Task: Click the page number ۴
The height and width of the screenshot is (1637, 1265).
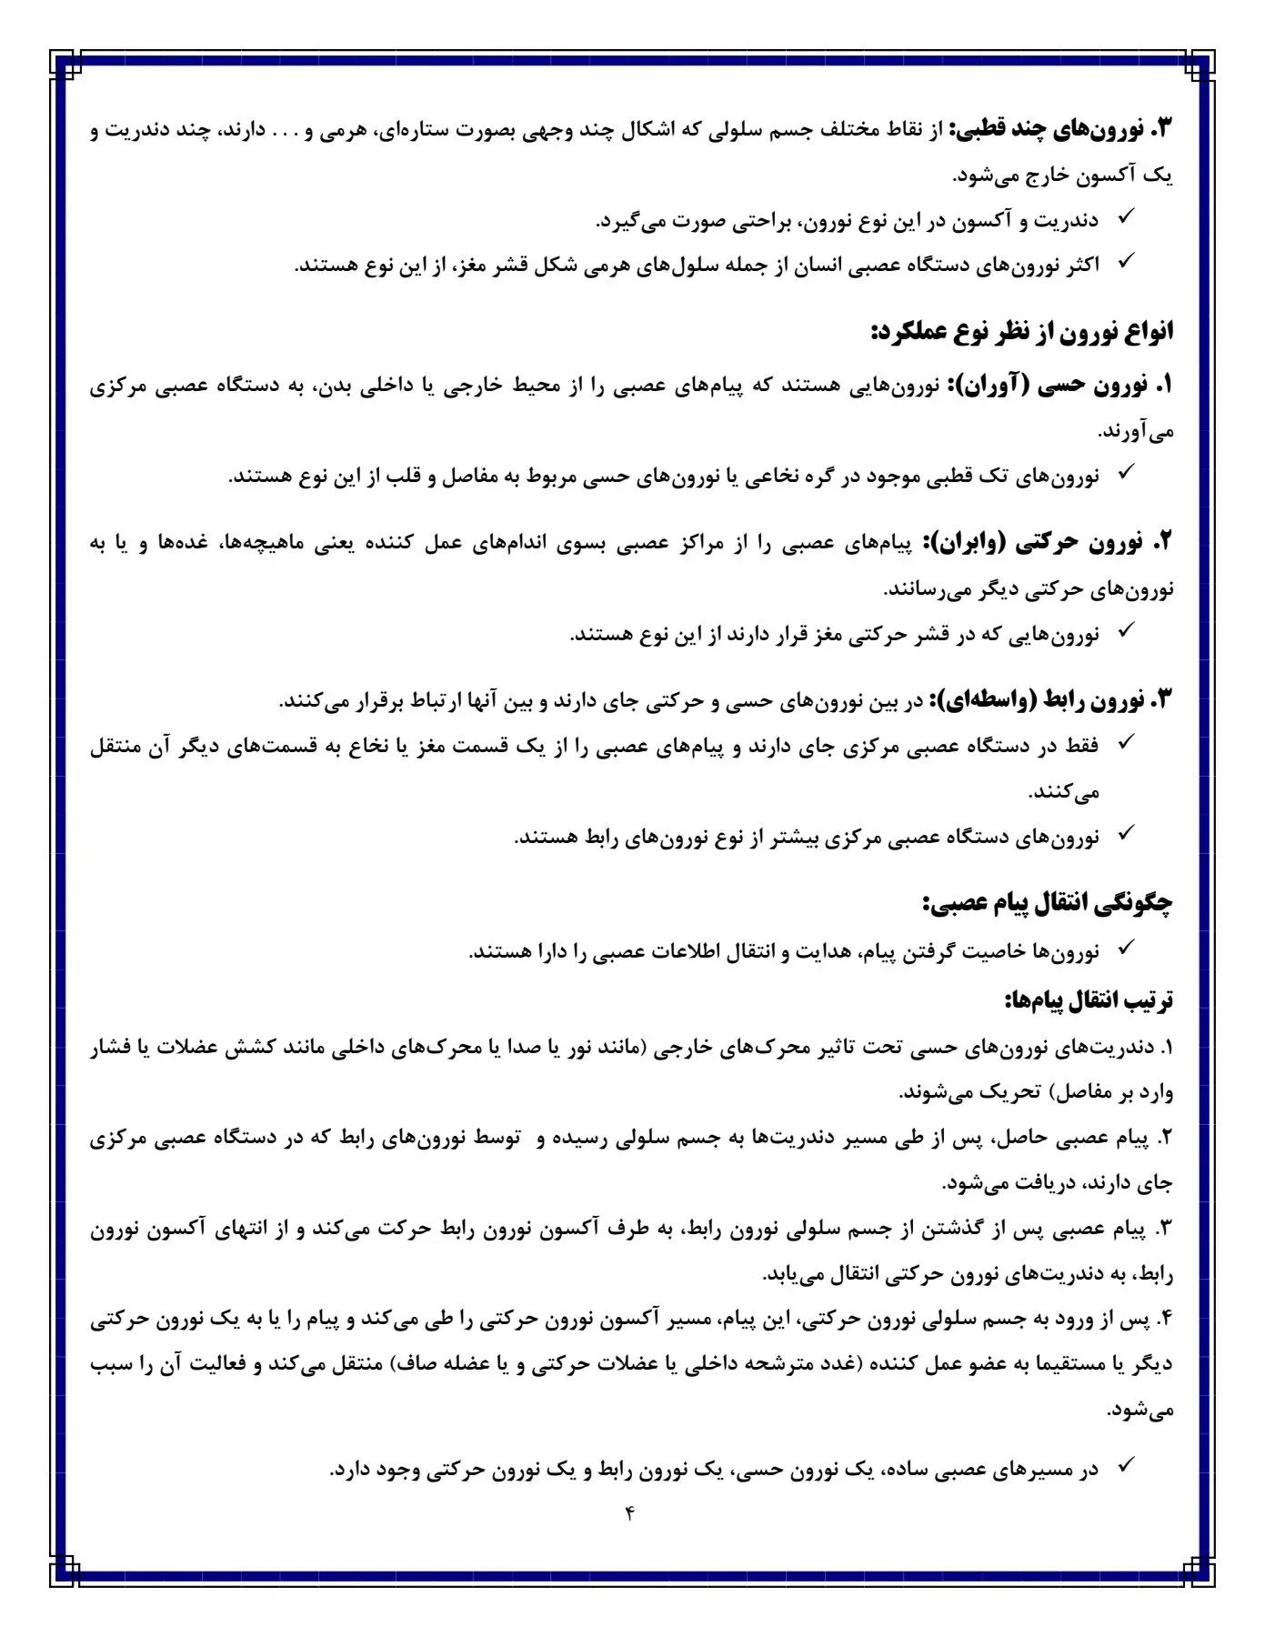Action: pyautogui.click(x=629, y=1513)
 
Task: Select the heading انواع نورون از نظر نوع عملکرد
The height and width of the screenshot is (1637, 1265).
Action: pyautogui.click(x=1022, y=331)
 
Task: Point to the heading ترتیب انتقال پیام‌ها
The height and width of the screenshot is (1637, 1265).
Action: pyautogui.click(x=1089, y=1000)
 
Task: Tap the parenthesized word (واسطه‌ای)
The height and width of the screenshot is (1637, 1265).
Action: pyautogui.click(x=975, y=700)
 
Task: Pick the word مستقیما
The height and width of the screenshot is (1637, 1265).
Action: pyautogui.click(x=1062, y=1364)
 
